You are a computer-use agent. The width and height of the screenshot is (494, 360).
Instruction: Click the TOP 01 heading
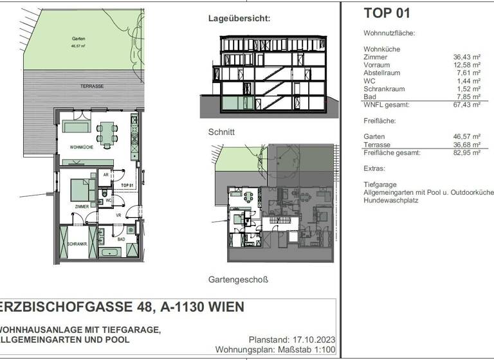386,13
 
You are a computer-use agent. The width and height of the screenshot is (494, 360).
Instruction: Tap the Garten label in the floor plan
78,39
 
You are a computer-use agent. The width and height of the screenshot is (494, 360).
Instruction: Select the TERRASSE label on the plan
92,85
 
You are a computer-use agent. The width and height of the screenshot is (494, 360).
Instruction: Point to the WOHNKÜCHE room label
82,148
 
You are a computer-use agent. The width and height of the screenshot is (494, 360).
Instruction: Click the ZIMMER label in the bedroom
81,206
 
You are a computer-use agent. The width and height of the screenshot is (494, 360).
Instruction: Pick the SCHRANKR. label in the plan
77,245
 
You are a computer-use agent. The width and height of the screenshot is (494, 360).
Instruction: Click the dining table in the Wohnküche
107,134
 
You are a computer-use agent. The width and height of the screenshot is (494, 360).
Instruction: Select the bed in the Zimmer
83,190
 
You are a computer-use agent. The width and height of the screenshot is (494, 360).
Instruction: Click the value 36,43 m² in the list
466,57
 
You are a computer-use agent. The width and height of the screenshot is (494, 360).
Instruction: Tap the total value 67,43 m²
466,104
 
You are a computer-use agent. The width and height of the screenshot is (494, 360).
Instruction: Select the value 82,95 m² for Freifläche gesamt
466,153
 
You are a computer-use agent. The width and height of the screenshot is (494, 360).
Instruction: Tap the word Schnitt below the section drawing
221,132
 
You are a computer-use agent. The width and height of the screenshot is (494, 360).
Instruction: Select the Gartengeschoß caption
237,280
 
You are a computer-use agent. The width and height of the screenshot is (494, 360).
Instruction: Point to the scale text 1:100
325,350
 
